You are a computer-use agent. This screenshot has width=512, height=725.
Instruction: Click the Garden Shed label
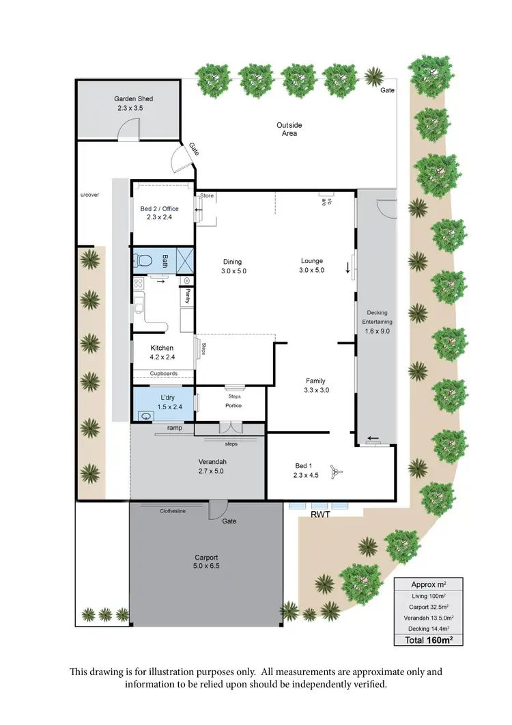[x=133, y=103]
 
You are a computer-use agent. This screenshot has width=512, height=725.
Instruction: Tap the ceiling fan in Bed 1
[x=335, y=471]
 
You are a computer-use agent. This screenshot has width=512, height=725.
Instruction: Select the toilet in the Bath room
[x=142, y=260]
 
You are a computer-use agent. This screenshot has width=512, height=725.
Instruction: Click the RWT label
[x=320, y=515]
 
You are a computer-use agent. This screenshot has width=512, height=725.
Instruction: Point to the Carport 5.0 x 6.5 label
[x=207, y=562]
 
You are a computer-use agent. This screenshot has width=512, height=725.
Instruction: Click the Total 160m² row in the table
[x=428, y=640]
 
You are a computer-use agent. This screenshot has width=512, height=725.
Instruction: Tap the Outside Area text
[x=289, y=129]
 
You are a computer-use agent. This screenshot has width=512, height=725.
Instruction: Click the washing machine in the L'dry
[x=145, y=414]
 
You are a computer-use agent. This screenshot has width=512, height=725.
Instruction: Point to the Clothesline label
[x=173, y=510]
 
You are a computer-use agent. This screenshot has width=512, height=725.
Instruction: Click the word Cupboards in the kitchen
[x=164, y=374]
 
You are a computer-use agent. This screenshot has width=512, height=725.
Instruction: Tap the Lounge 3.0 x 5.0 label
[x=312, y=265]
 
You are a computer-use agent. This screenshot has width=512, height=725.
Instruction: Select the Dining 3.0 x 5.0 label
[x=232, y=266]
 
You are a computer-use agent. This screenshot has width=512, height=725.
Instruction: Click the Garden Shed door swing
[x=130, y=130]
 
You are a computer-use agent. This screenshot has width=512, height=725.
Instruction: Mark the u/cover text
[x=89, y=195]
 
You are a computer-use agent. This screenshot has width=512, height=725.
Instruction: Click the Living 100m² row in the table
[x=428, y=596]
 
